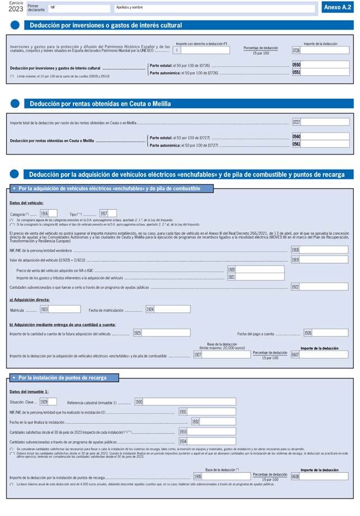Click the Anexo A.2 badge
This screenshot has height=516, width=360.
[x=337, y=7]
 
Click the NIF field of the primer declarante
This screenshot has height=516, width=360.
[x=78, y=8]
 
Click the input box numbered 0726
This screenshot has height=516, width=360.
[x=325, y=50]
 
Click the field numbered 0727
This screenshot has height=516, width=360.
[x=325, y=122]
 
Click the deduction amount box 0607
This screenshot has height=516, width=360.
[x=324, y=354]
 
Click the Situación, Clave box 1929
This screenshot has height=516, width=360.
[x=52, y=401]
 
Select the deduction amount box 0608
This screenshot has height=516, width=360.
[x=324, y=476]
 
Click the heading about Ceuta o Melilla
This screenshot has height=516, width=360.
[x=100, y=104]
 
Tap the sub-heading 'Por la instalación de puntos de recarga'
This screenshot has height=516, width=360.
[x=62, y=378]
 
